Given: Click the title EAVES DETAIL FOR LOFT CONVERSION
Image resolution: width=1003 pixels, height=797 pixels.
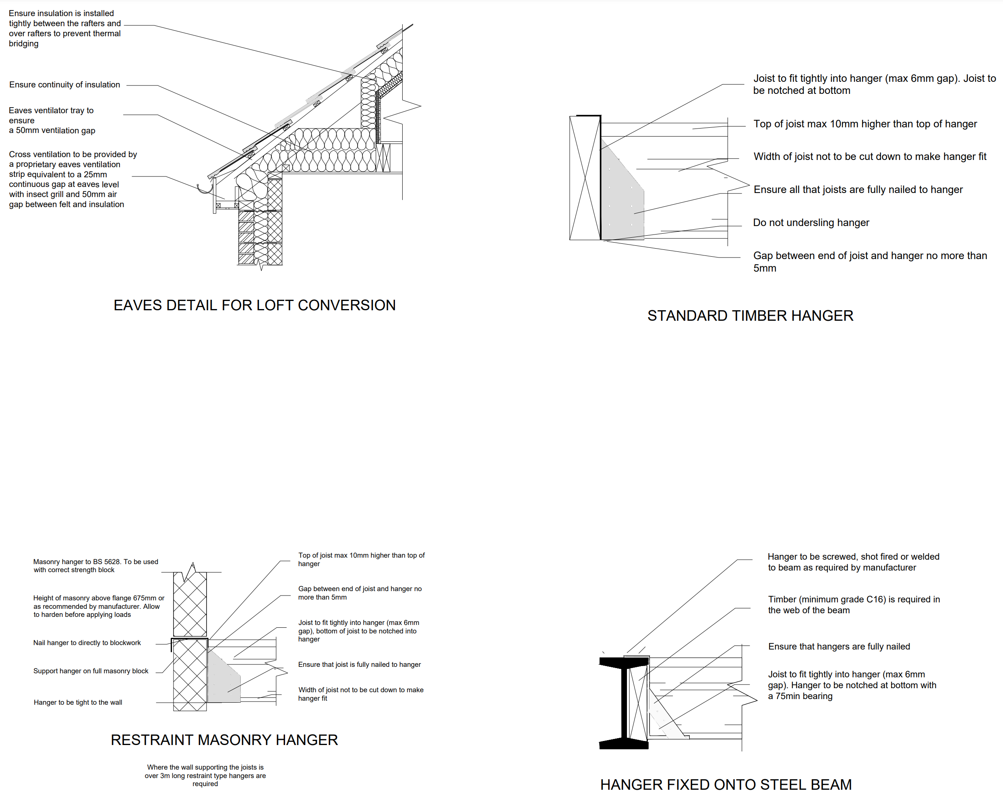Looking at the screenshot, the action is [254, 305].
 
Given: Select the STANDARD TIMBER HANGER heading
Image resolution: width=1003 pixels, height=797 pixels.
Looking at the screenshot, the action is [751, 315].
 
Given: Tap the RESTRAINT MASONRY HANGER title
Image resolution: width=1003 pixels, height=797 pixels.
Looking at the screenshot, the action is [224, 740].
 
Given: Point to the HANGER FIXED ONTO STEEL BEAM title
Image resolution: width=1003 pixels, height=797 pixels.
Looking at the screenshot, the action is [726, 785].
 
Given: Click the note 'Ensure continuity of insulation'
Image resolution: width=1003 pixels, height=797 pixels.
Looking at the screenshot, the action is [65, 85].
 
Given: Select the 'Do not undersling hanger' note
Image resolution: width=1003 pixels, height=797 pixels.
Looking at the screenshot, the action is [811, 222].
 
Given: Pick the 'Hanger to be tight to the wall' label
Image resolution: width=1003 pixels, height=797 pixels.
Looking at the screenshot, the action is [78, 702].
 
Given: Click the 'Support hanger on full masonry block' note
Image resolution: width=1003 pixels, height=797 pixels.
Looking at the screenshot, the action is [91, 671].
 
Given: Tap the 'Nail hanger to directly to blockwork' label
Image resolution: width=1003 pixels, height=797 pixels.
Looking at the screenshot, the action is [87, 643].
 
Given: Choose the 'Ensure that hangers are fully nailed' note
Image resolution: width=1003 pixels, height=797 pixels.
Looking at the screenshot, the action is [839, 646].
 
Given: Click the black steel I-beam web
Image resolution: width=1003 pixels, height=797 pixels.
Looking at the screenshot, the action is [625, 703].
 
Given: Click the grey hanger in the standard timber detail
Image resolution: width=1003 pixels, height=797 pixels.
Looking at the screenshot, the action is [622, 195].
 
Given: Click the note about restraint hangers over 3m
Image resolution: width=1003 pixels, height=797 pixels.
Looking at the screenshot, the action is [205, 775].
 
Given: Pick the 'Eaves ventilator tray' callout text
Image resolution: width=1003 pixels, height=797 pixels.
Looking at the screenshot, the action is [52, 120].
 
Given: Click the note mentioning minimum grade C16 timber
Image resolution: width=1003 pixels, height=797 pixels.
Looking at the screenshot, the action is [854, 604].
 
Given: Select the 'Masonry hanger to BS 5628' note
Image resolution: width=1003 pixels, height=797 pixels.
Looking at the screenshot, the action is [95, 566].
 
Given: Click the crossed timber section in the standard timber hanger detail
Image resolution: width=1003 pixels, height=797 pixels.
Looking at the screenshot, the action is [585, 178].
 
